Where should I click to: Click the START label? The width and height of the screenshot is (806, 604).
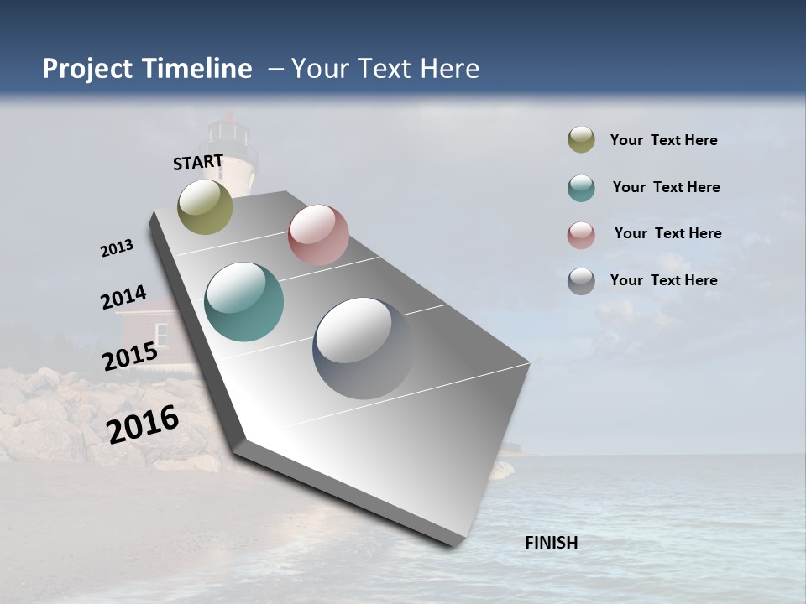[x=198, y=162]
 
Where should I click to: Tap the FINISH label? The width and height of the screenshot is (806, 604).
[x=551, y=543]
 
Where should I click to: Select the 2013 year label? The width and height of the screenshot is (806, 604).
[x=117, y=247]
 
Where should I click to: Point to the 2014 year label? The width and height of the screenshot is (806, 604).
[x=123, y=298]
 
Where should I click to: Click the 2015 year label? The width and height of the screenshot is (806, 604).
[x=130, y=356]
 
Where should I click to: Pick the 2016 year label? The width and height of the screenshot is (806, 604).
[x=143, y=424]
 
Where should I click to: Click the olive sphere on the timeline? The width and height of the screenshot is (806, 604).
[x=206, y=206]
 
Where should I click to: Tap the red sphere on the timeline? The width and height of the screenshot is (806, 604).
[x=318, y=235]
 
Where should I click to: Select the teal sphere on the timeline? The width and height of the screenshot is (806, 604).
[x=243, y=302]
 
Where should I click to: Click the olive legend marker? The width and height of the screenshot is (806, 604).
[x=581, y=140]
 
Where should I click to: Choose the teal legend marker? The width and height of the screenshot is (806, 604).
[x=581, y=188]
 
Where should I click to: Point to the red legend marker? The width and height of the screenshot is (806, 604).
[x=581, y=235]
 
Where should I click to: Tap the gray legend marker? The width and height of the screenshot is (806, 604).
[x=581, y=281]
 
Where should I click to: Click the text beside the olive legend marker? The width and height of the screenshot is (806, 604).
[x=663, y=140]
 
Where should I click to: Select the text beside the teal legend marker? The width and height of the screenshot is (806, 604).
[x=666, y=187]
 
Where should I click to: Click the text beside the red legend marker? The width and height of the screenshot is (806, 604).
[x=667, y=233]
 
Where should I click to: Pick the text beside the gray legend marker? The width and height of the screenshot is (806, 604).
[x=663, y=280]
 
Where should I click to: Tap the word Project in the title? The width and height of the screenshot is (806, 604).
[x=86, y=69]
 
